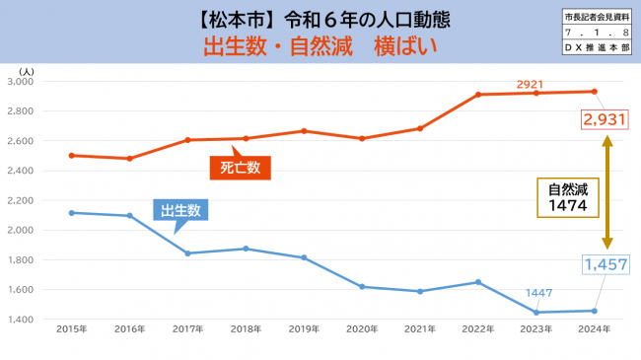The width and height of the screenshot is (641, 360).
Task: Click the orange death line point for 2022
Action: (478, 95)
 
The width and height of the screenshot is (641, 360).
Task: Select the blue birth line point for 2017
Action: (187, 253)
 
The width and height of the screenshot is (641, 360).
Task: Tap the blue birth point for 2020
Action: (362, 287)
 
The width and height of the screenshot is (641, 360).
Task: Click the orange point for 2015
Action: (71, 155)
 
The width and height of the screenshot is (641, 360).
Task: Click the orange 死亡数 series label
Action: (241, 168)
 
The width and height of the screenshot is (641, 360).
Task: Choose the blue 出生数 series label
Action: (183, 209)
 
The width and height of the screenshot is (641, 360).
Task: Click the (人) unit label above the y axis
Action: (26, 71)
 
